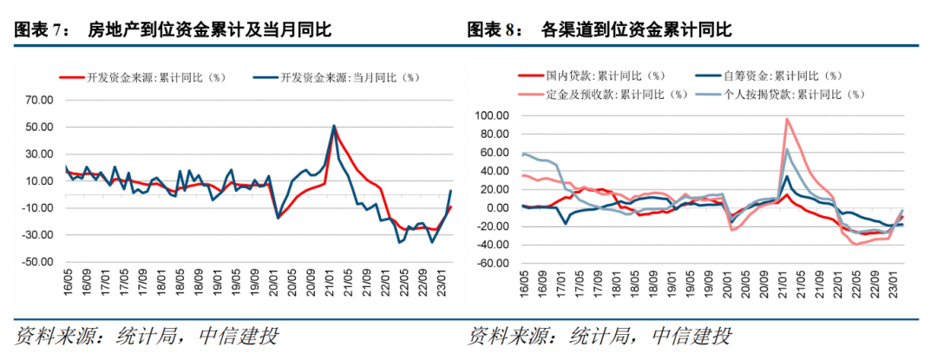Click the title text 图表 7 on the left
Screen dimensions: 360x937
pyautogui.click(x=40, y=30)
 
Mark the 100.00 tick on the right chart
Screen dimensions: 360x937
pyautogui.click(x=491, y=115)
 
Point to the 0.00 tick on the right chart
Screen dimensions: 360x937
pyautogui.click(x=496, y=208)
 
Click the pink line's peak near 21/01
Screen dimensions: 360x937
pyautogui.click(x=787, y=119)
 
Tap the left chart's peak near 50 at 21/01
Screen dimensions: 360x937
pyautogui.click(x=334, y=126)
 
